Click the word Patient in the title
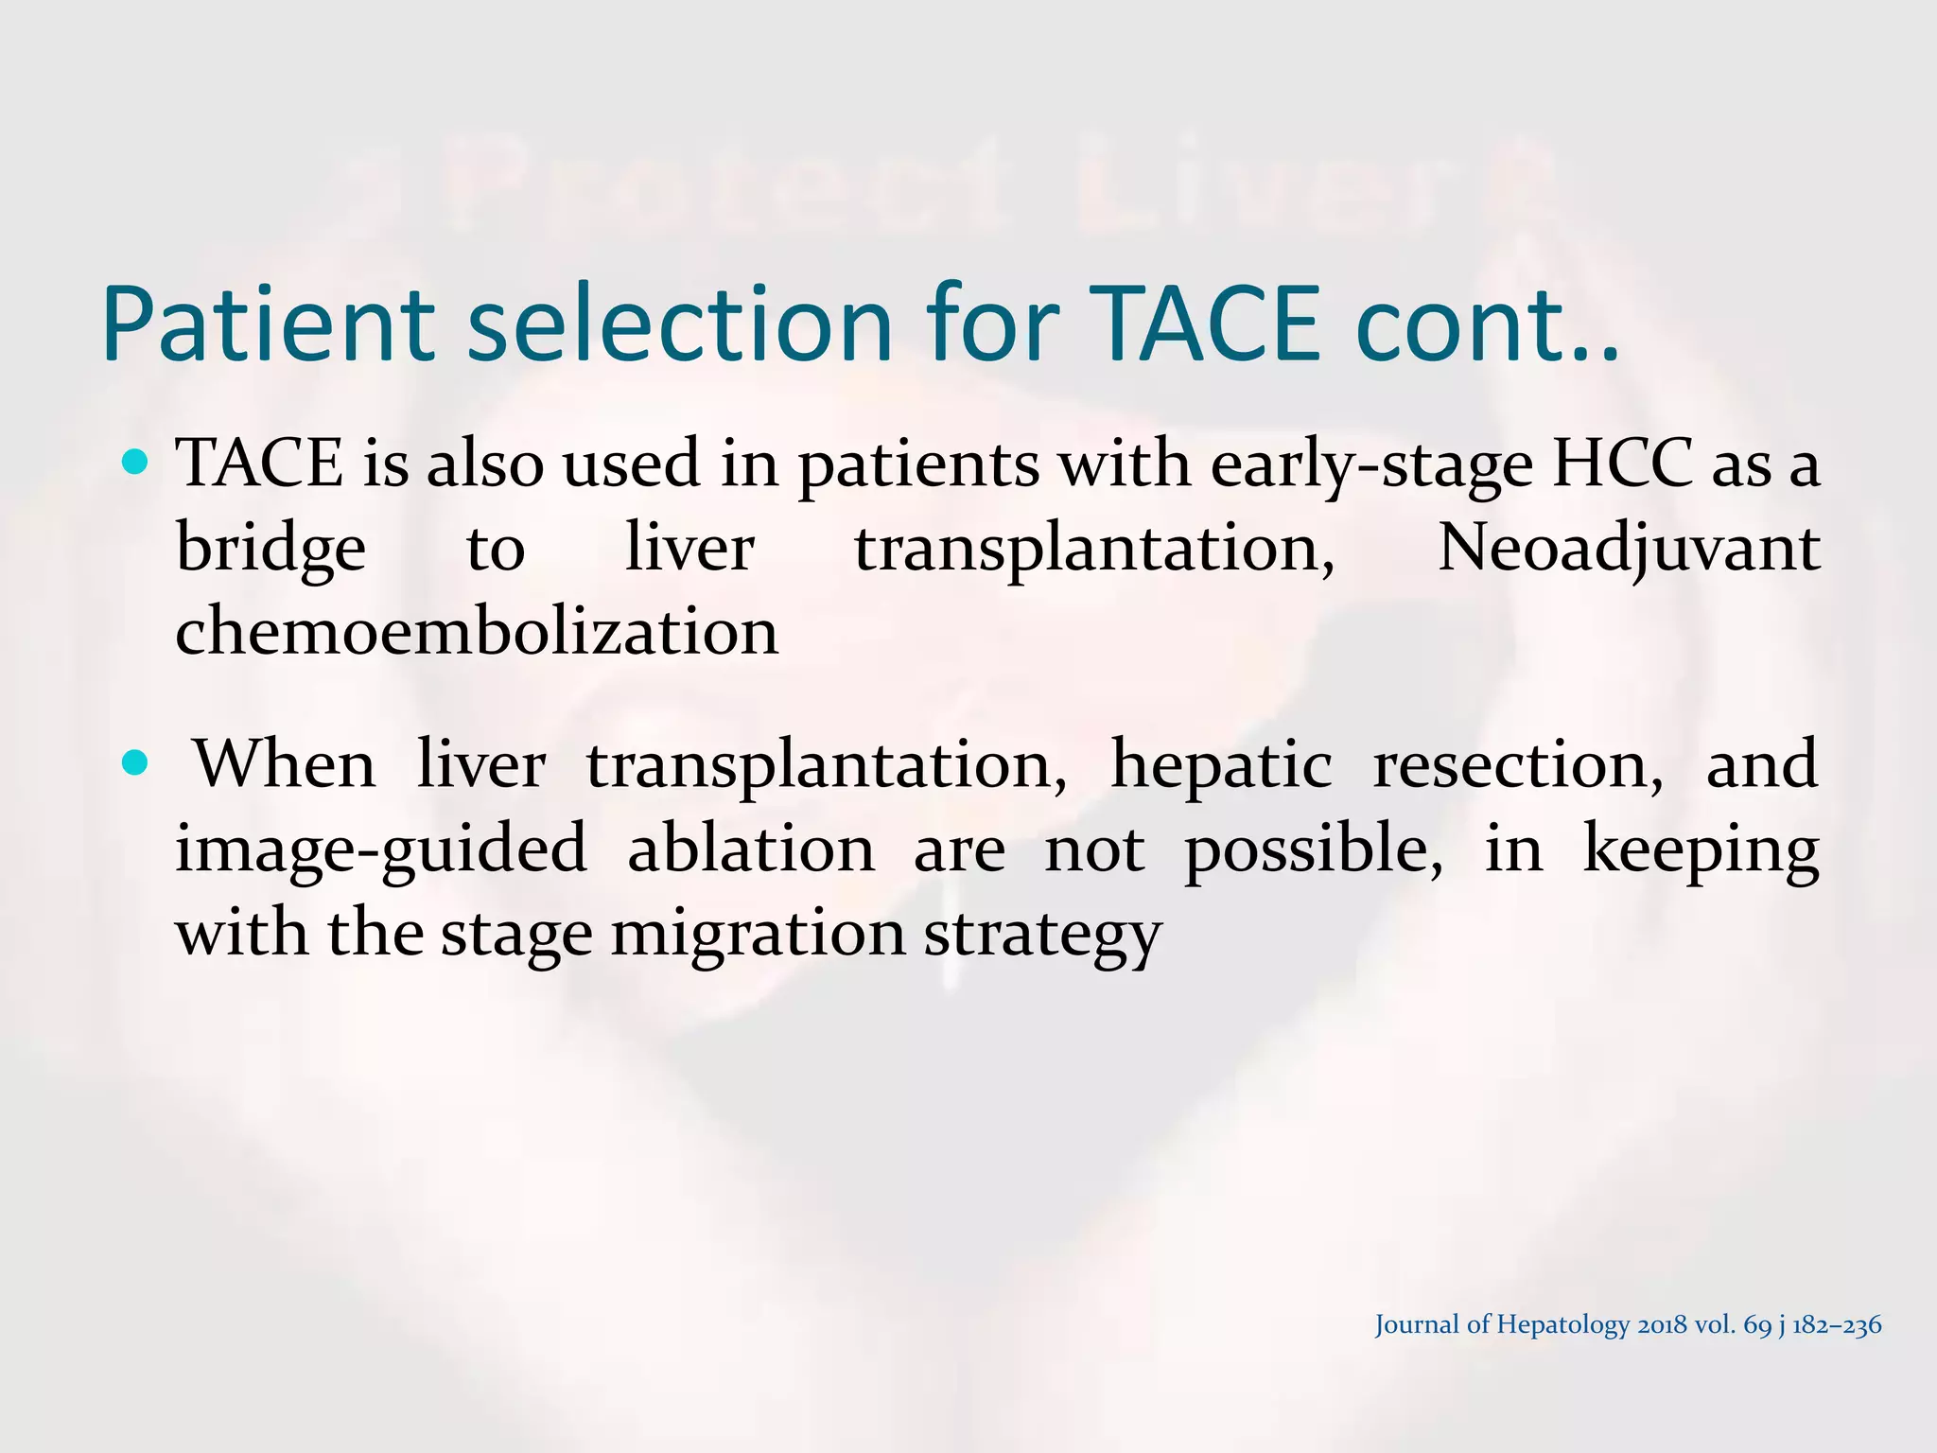click(268, 324)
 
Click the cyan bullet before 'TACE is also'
click(136, 463)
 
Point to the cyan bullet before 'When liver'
click(136, 763)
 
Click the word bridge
click(270, 549)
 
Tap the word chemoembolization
click(477, 632)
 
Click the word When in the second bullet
click(285, 764)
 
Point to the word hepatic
click(1220, 764)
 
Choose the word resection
click(1518, 764)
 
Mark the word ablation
click(751, 849)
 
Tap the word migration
click(758, 933)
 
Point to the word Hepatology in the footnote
click(1565, 1325)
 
